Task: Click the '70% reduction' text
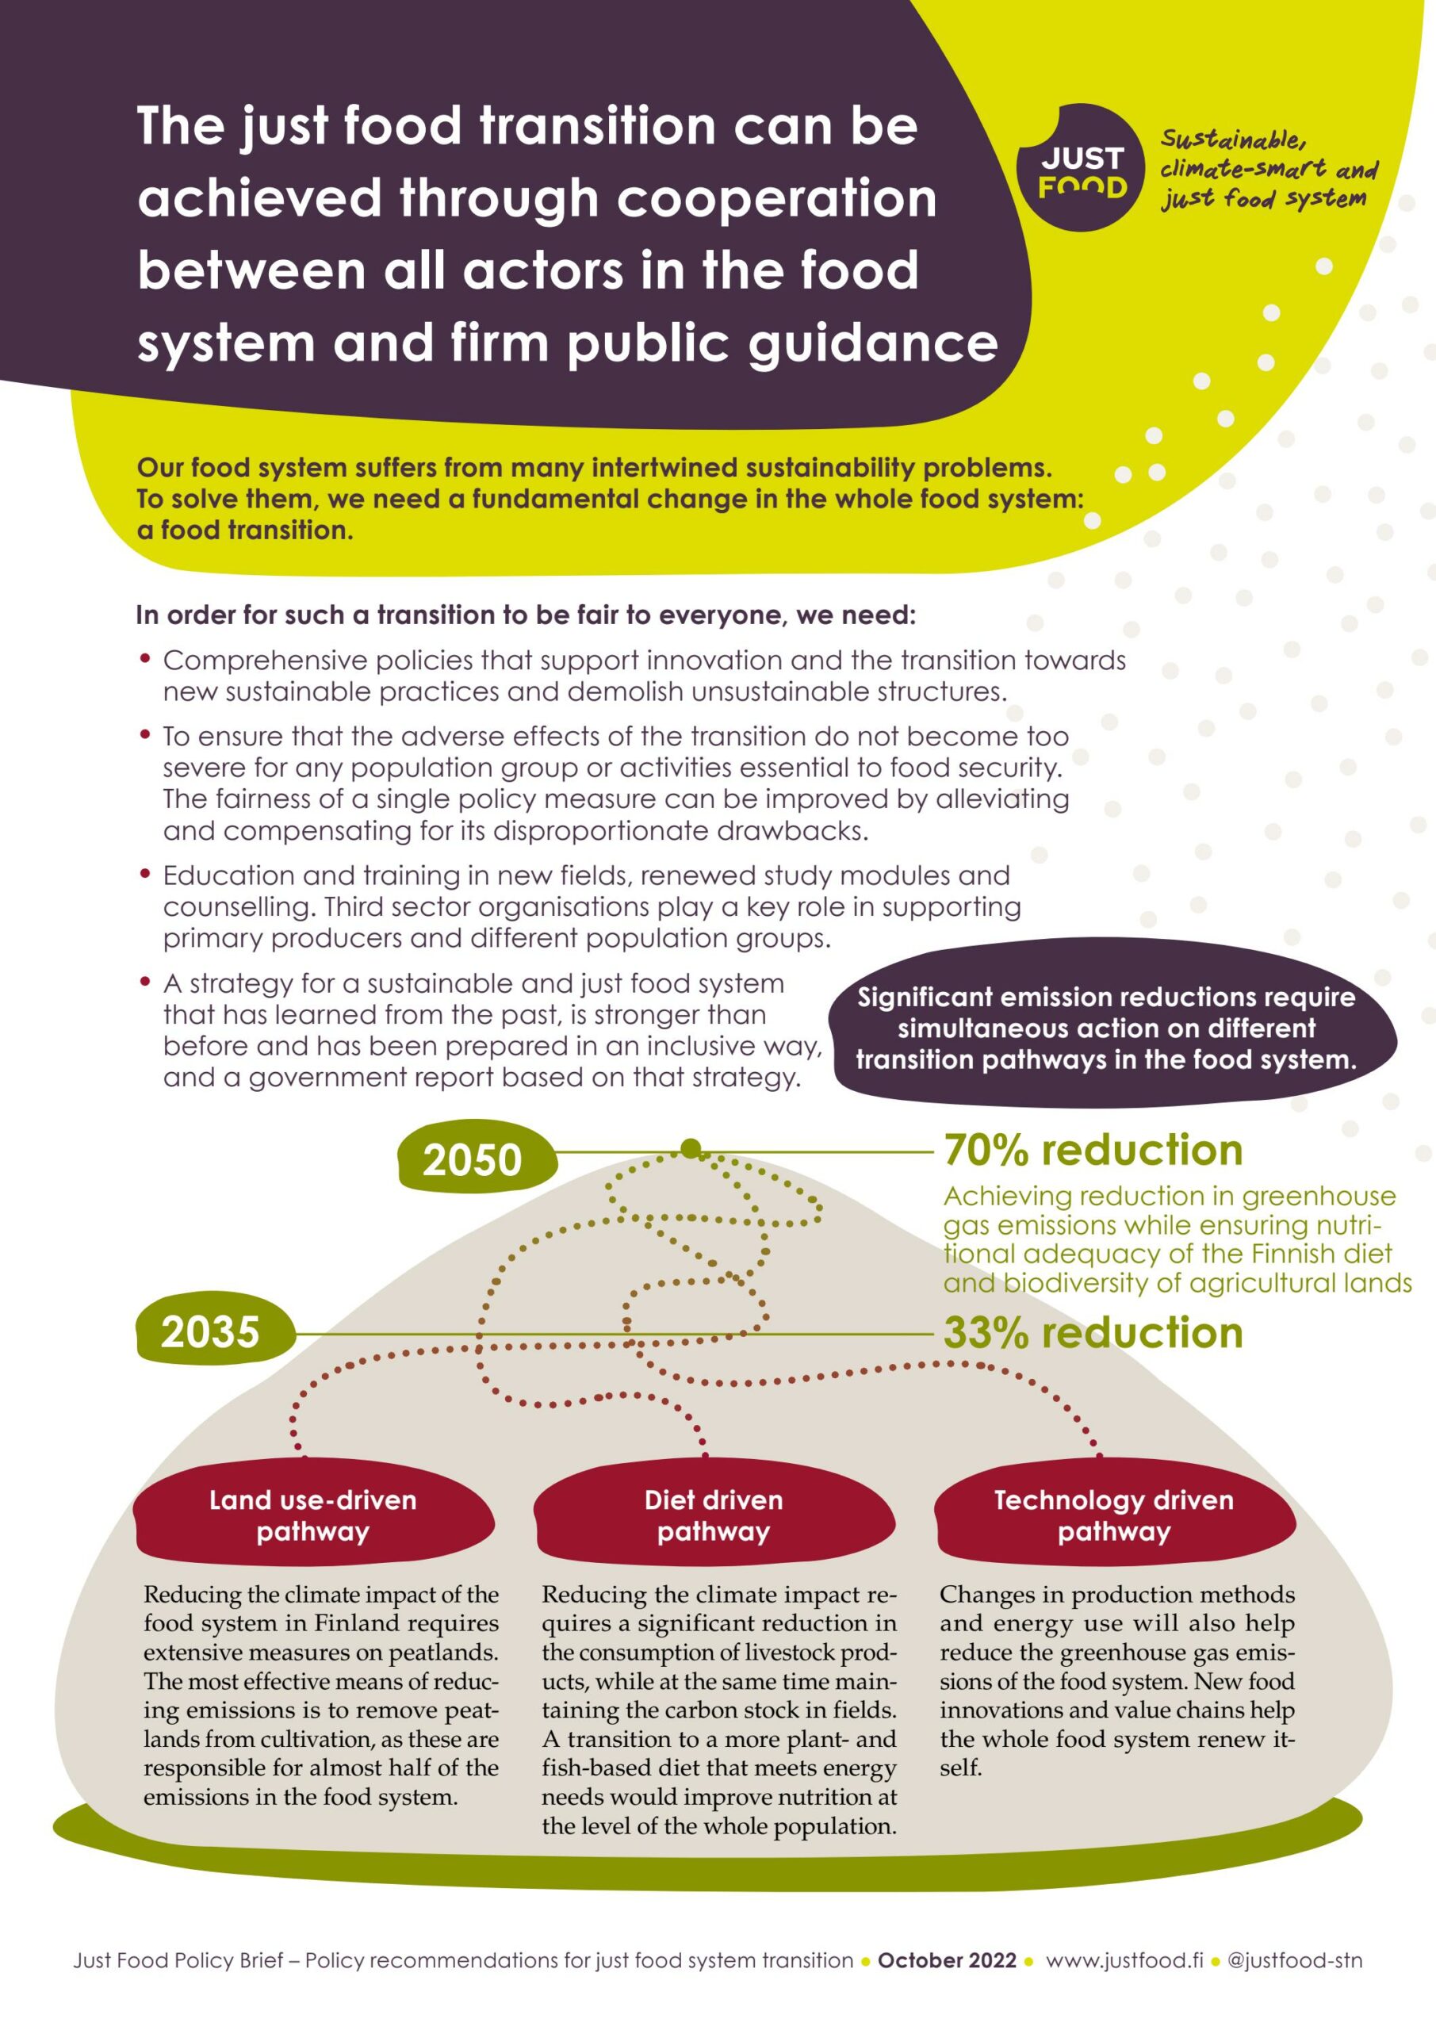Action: pos(1093,1151)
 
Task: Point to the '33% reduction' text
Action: pos(1093,1332)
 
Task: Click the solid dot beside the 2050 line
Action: pos(691,1148)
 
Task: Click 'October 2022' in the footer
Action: pos(947,1960)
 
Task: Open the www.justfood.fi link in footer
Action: pos(1124,1960)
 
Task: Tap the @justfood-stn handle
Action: pos(1296,1960)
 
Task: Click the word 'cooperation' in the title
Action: pos(776,197)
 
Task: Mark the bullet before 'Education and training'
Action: pos(146,874)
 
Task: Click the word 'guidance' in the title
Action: pos(873,342)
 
